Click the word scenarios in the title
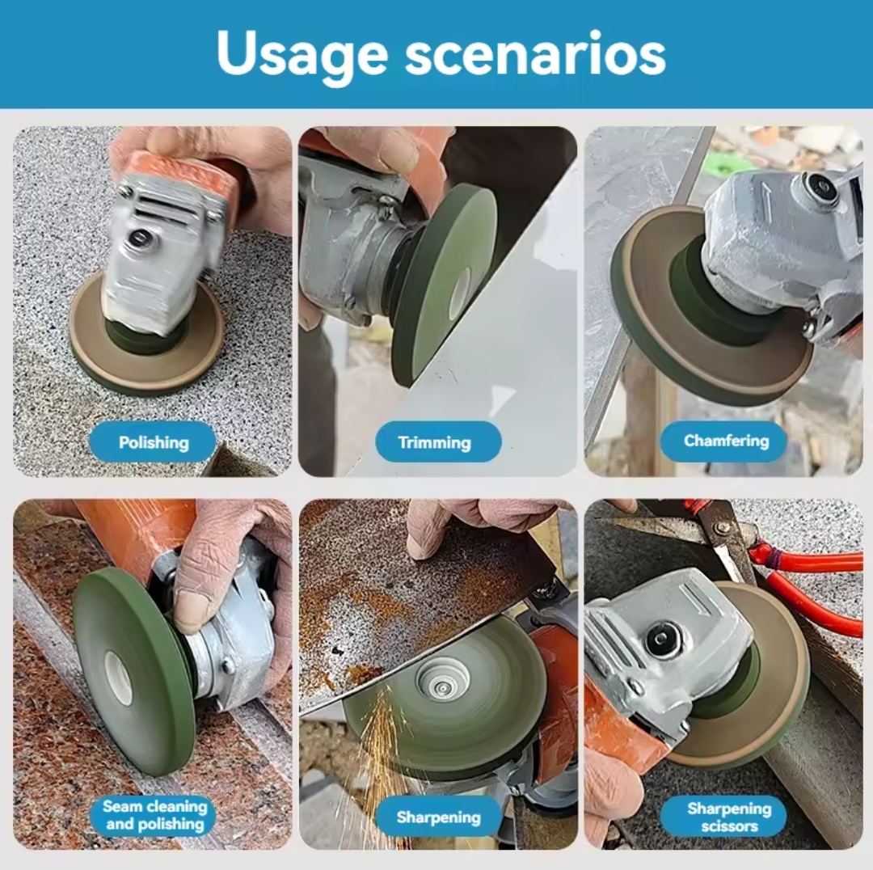point(535,53)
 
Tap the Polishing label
point(154,442)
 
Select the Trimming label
point(435,442)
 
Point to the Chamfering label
point(726,441)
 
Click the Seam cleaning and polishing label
point(154,815)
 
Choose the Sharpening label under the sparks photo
point(438,817)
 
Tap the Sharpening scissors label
point(729,817)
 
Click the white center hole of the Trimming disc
point(460,294)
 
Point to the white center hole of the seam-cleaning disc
point(118,678)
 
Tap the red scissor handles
point(802,579)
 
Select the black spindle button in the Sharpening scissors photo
point(662,638)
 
